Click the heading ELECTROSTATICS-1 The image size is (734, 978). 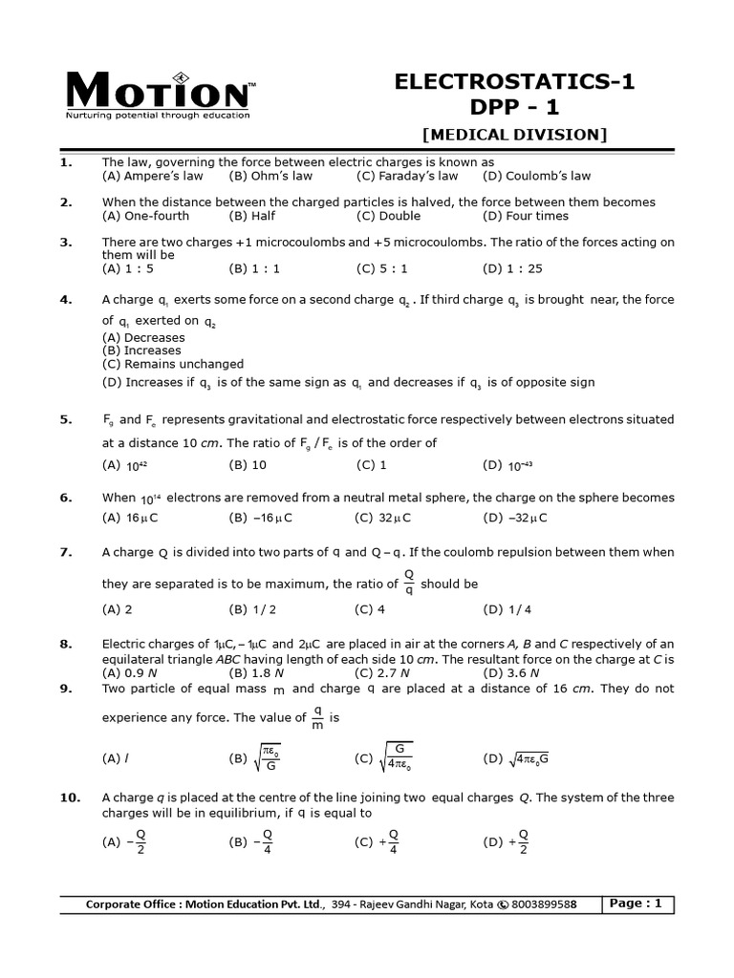(514, 82)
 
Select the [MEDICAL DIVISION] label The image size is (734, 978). (514, 135)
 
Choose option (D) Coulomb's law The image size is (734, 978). (536, 176)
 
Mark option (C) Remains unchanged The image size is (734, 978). (173, 364)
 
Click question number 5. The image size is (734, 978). (66, 419)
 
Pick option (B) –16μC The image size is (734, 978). (260, 519)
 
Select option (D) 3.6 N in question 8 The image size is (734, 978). (509, 672)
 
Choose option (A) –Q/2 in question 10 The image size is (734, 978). (128, 841)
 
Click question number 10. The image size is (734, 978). (69, 797)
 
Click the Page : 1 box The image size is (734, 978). (637, 904)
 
